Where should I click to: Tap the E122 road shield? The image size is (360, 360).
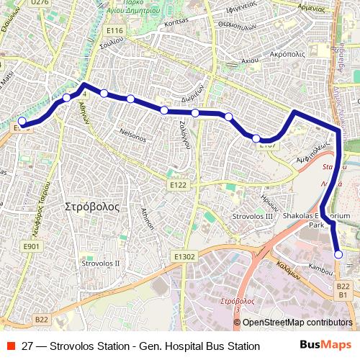tap(179, 186)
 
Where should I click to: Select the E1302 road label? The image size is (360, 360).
tap(184, 256)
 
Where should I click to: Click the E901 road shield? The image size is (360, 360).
tap(31, 246)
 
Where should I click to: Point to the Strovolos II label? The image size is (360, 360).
tap(101, 264)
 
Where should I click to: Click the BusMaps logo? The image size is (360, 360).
tap(326, 346)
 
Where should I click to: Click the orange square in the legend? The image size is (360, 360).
tap(9, 346)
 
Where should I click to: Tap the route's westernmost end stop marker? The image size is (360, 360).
tap(22, 121)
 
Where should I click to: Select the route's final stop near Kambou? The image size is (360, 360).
tap(338, 254)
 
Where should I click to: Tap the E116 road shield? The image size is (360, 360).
tap(114, 30)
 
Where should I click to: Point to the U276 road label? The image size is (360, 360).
tap(40, 3)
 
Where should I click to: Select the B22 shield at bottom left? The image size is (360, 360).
tap(41, 319)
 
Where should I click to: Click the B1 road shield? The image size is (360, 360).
tap(343, 295)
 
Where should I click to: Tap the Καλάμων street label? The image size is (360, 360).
tap(287, 269)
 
